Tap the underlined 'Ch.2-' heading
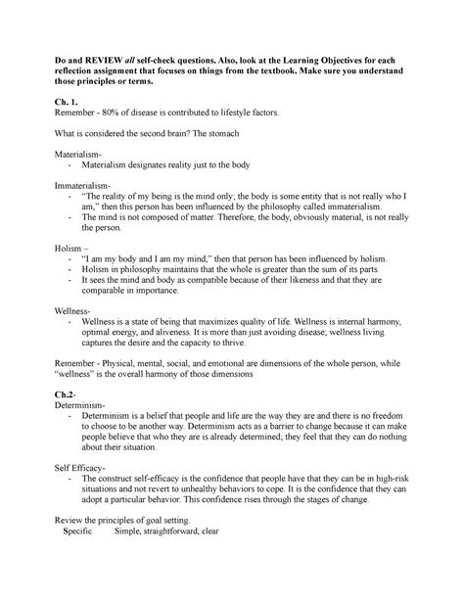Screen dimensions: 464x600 71,392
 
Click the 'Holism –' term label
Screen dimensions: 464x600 78,249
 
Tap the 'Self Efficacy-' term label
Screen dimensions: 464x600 90,468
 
